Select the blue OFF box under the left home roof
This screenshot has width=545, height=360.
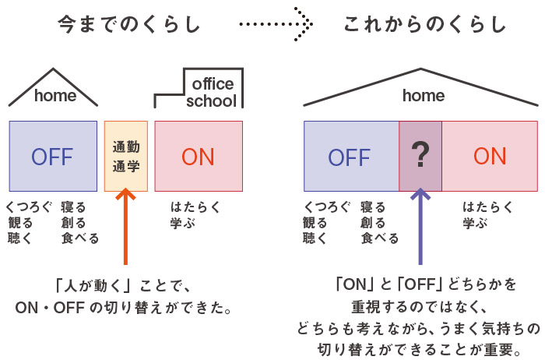(53, 156)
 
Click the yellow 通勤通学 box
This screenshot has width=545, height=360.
(125, 156)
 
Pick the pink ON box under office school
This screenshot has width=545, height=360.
(198, 156)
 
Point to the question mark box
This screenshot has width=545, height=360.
(420, 156)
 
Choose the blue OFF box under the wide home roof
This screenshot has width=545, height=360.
(350, 156)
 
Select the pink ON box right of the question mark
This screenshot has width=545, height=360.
(490, 156)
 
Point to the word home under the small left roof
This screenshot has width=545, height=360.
(54, 96)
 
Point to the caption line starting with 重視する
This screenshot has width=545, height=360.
(420, 302)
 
